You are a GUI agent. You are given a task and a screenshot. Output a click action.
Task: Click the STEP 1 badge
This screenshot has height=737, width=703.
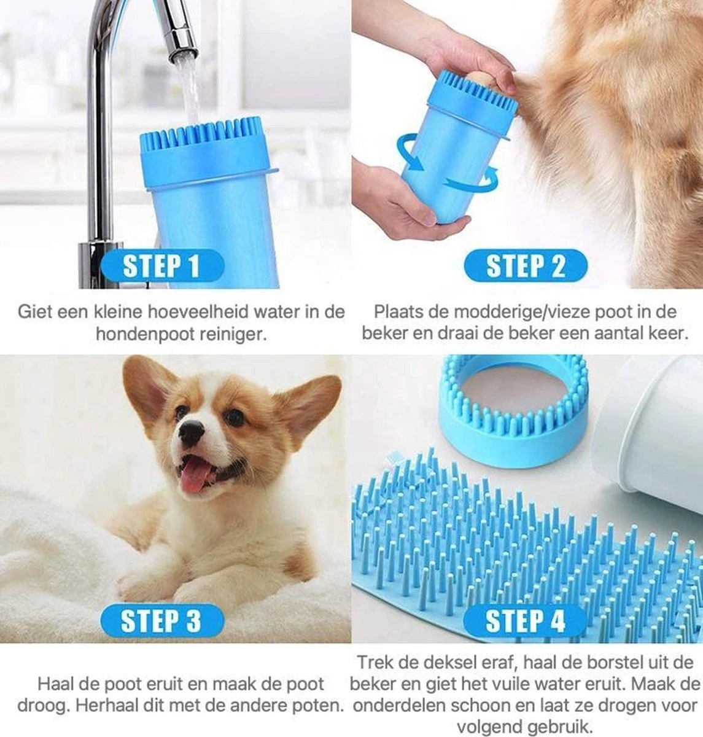161,267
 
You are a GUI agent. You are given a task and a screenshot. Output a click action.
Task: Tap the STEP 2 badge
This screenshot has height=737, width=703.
526,266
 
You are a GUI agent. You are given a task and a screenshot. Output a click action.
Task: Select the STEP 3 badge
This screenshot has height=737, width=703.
161,621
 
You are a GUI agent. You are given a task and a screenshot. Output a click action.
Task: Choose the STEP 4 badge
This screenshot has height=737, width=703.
525,621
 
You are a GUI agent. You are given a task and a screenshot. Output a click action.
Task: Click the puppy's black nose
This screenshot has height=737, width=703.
192,434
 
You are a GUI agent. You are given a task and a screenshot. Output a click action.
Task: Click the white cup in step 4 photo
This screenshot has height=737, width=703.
651,442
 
